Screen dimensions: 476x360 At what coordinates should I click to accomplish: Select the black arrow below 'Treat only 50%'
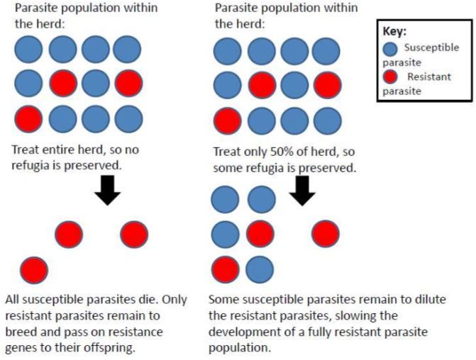[303, 190]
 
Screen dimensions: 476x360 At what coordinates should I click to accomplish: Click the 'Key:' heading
[394, 32]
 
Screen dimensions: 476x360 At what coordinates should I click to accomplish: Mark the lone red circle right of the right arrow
[326, 234]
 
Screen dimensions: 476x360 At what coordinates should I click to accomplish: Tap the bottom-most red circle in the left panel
[33, 270]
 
